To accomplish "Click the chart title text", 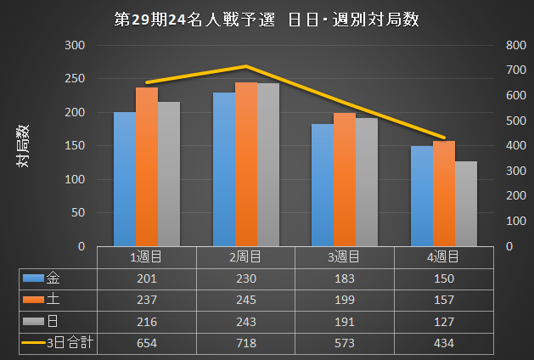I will click(x=267, y=20).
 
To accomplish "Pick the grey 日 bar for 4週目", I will click(x=466, y=204).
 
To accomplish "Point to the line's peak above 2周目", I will click(x=245, y=66).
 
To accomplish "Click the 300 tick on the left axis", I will click(x=75, y=45).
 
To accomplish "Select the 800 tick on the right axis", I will click(x=514, y=45).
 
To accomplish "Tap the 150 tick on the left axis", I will click(x=75, y=146).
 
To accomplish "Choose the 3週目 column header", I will click(x=344, y=256).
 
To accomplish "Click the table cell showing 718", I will click(x=245, y=343).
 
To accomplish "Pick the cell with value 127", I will click(x=442, y=322).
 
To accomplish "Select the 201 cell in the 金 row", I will click(x=147, y=278).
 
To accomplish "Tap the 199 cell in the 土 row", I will click(x=344, y=300).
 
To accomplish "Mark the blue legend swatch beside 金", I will click(x=33, y=278).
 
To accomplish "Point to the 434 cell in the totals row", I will click(x=442, y=343).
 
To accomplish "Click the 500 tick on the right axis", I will click(x=514, y=121).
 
